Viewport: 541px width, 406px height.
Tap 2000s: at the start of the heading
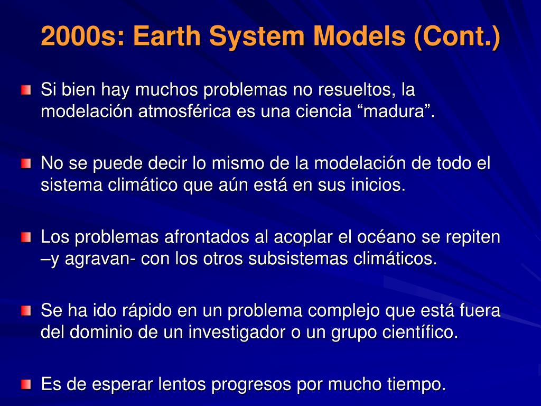(x=82, y=36)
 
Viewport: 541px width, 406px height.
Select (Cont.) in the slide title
(x=457, y=36)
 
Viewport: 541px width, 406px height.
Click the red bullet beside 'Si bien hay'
(x=26, y=90)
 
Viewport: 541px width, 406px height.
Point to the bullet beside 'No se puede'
(x=26, y=163)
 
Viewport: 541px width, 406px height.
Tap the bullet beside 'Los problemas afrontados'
(x=26, y=237)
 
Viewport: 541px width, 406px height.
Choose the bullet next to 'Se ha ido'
(x=26, y=311)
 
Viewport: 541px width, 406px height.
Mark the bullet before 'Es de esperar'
(x=26, y=384)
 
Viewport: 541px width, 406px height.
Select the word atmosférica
(x=184, y=111)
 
